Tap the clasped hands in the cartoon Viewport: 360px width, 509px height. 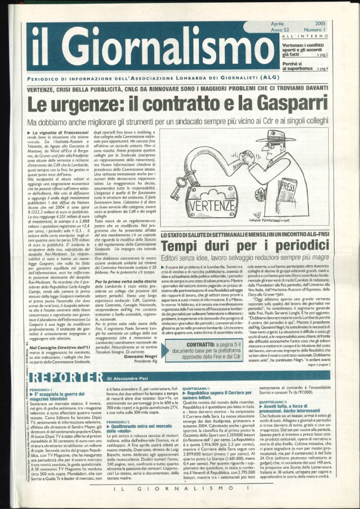coord(247,158)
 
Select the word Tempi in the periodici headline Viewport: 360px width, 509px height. coord(181,247)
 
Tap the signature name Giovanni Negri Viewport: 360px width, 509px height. coord(155,358)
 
